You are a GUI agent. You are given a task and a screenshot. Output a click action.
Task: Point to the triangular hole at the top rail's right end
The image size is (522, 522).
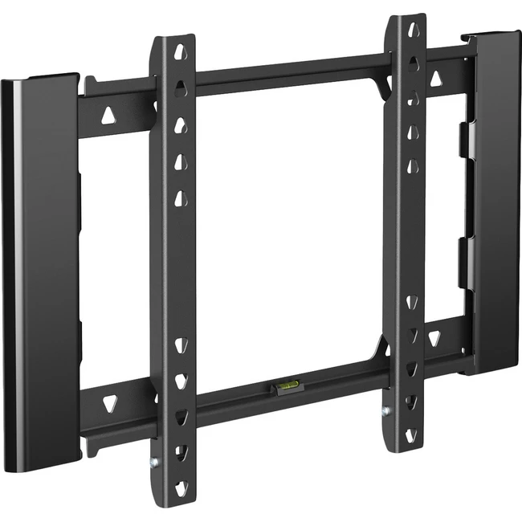438,80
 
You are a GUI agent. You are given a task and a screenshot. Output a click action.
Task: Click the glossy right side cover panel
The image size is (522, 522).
491,201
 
